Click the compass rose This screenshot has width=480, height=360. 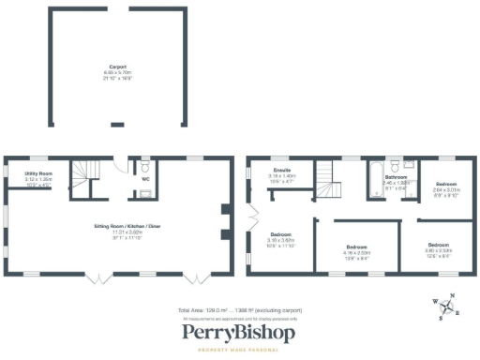446,307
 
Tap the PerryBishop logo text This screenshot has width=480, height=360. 239,333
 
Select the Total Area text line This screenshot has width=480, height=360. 239,310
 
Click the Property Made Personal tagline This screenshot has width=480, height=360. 239,350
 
